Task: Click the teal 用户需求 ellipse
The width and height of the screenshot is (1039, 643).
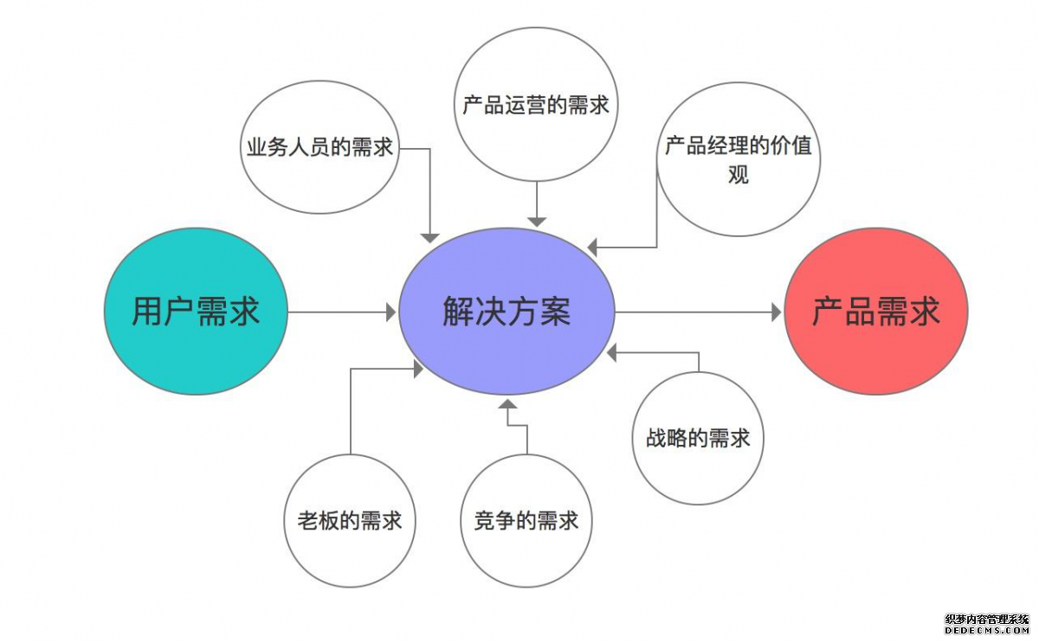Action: (x=195, y=312)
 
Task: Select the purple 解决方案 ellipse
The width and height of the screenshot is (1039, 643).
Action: (x=507, y=312)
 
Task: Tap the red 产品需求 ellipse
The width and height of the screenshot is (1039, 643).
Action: (x=875, y=312)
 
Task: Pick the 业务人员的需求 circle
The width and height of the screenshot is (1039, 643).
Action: (x=319, y=147)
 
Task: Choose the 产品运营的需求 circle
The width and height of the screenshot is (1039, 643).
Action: (x=536, y=105)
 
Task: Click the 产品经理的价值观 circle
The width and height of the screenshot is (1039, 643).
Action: (x=738, y=159)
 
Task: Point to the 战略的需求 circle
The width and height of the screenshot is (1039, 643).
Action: (x=698, y=438)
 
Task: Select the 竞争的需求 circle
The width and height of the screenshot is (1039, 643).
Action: (x=526, y=521)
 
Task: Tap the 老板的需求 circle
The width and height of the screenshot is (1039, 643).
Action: (x=350, y=521)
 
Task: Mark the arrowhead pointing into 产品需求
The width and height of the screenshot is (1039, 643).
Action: (x=776, y=312)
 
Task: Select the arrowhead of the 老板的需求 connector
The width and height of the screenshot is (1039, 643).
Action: (x=418, y=370)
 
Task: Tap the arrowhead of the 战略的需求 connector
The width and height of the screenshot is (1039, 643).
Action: (x=612, y=352)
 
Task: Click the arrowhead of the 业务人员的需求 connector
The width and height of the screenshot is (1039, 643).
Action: (x=429, y=236)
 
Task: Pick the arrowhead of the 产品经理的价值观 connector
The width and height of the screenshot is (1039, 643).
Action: (x=593, y=248)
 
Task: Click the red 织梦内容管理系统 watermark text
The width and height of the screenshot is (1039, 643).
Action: (x=986, y=620)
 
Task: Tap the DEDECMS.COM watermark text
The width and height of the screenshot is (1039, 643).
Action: (x=986, y=633)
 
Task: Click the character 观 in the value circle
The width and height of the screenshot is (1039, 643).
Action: (x=738, y=175)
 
